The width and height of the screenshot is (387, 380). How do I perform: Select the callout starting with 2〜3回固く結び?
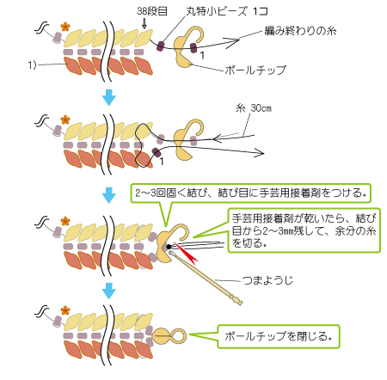[x=249, y=190]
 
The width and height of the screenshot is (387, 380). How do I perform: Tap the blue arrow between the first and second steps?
[x=108, y=97]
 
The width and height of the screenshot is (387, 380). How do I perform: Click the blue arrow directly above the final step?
[x=108, y=291]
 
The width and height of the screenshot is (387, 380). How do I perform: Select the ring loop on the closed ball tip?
[x=177, y=334]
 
